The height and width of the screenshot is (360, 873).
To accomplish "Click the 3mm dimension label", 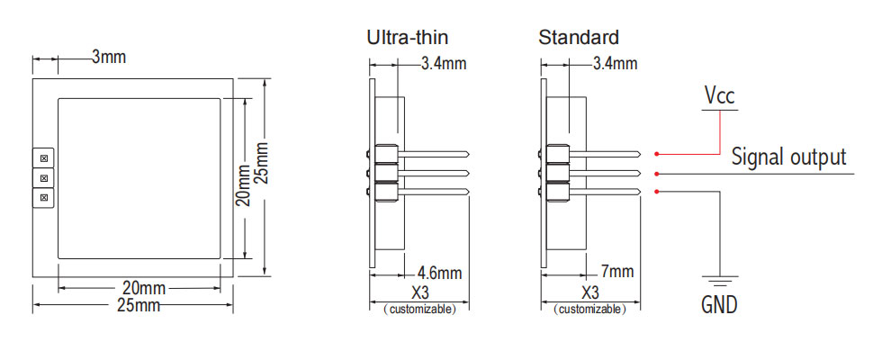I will point(109,58).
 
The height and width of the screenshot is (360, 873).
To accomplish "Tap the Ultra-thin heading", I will point(407,38).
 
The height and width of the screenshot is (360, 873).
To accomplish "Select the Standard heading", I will point(579,38).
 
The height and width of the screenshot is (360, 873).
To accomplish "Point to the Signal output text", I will point(788,157).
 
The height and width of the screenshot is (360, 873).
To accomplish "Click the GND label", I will point(719,305).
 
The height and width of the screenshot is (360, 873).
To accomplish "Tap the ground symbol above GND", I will point(719,282).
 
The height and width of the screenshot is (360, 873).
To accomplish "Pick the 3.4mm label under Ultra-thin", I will point(444,64).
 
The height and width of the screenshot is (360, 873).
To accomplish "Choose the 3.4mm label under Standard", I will point(616,64).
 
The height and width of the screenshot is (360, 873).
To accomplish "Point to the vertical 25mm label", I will point(262,162).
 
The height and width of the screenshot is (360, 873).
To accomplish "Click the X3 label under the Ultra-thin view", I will point(418,293).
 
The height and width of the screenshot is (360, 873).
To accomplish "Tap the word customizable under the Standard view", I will point(590,310).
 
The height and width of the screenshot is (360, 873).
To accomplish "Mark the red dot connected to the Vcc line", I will point(658,153).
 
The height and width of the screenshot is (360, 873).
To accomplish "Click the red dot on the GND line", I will point(658,192).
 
